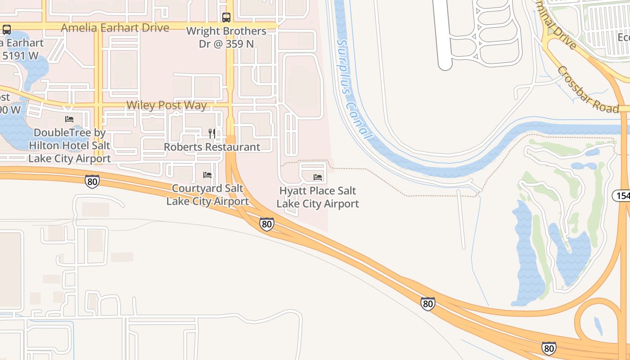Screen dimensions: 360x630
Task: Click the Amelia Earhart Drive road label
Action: coord(115,28)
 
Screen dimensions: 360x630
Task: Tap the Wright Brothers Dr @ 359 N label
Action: coord(226,37)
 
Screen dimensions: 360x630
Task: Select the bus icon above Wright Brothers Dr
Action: coord(226,18)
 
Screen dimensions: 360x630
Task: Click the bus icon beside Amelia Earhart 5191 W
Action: coord(7,30)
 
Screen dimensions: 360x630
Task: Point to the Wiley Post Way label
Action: coord(166,105)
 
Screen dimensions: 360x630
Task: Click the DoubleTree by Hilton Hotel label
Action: coord(69,145)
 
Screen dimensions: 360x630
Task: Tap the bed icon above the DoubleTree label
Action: coord(69,119)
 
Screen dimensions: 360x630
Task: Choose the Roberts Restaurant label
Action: coord(211,147)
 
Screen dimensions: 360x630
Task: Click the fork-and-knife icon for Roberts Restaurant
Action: coord(211,133)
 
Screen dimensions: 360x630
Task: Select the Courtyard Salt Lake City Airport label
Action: coord(207,195)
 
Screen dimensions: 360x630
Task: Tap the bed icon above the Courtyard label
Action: coord(207,175)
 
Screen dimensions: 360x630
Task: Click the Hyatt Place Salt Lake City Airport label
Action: coord(318,197)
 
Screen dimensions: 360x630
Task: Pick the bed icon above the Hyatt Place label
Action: coord(318,177)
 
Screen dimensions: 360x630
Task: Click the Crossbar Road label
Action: coord(588,90)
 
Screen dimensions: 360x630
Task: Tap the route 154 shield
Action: coord(621,195)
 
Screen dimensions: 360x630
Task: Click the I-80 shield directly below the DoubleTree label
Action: coord(92,181)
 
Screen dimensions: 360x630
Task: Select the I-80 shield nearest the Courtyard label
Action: coord(267,224)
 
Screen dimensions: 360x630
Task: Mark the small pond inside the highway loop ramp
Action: coord(598,326)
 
